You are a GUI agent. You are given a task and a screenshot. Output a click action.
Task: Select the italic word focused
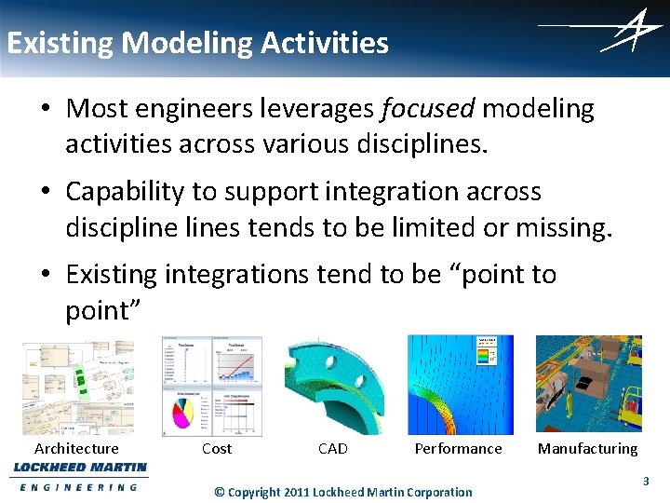pos(428,109)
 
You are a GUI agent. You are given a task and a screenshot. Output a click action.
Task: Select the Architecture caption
pos(76,449)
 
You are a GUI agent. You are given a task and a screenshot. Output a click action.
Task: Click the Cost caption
pos(217,449)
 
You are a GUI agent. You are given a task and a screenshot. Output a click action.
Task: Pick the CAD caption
pos(332,449)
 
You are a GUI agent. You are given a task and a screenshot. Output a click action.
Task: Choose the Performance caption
pos(458,449)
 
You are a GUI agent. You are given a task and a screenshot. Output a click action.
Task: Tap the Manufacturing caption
pos(587,449)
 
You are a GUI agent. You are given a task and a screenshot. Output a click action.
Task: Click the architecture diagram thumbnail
pos(78,387)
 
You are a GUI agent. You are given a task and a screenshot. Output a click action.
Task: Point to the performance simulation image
pos(460,384)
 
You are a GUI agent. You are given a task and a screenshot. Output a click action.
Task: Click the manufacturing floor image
pos(588,384)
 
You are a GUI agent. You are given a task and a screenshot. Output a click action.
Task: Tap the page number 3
pos(646,482)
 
